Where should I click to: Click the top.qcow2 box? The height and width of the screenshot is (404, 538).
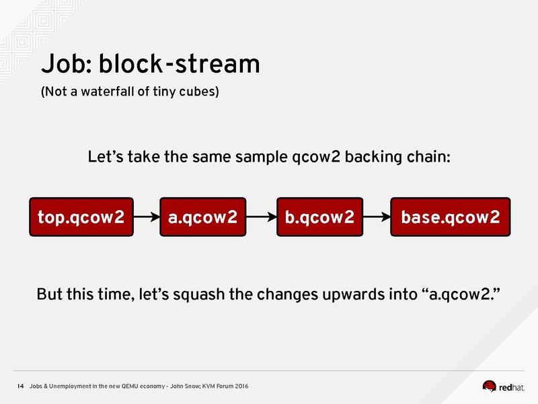pyautogui.click(x=81, y=217)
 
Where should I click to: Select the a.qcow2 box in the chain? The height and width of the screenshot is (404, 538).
pyautogui.click(x=203, y=217)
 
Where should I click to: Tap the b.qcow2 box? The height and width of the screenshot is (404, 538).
pyautogui.click(x=320, y=217)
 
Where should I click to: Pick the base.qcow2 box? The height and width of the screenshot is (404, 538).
pyautogui.click(x=451, y=217)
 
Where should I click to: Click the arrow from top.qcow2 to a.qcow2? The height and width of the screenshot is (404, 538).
pyautogui.click(x=147, y=217)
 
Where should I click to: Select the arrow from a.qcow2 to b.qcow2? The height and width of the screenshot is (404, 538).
pyautogui.click(x=262, y=217)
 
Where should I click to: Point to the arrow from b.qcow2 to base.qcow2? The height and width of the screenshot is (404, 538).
pyautogui.click(x=377, y=217)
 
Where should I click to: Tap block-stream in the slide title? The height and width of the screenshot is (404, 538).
pyautogui.click(x=180, y=63)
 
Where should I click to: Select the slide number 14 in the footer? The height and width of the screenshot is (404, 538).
pyautogui.click(x=21, y=386)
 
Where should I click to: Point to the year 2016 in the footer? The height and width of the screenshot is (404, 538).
pyautogui.click(x=241, y=386)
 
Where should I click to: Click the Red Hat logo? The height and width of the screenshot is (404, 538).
pyautogui.click(x=503, y=386)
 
